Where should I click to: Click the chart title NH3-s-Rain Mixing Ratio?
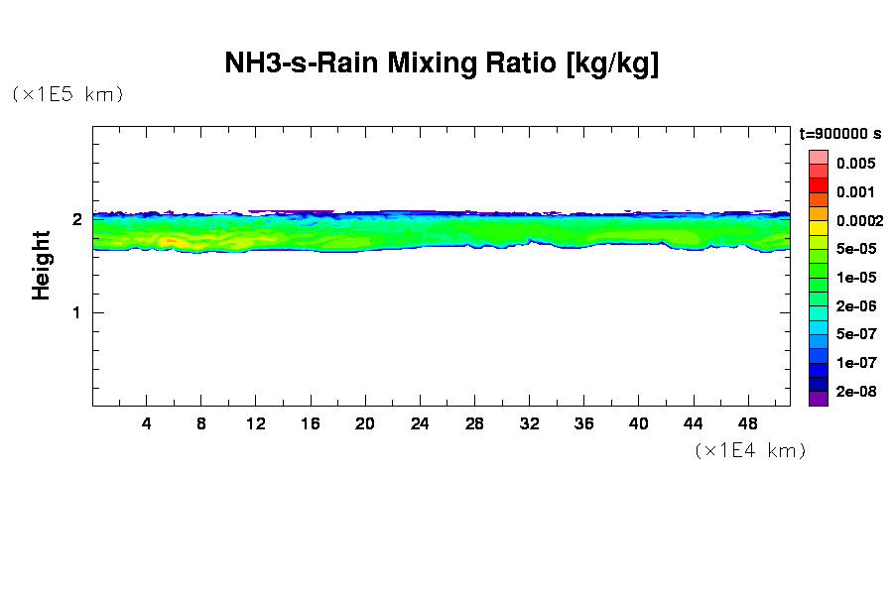coord(442,64)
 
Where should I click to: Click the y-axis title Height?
coord(42,265)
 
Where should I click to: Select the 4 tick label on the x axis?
coord(147,423)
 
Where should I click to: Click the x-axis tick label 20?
coord(365,423)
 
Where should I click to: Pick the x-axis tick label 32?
coord(529,423)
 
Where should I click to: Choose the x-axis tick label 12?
coord(256,423)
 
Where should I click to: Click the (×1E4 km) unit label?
coord(749,450)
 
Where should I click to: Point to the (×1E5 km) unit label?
coord(67,94)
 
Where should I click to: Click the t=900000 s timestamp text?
coord(839,133)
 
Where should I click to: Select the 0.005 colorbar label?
coord(854,164)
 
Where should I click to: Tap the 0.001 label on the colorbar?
coord(854,192)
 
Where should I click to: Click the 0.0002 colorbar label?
coord(857,221)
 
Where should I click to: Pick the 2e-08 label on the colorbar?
coord(854,392)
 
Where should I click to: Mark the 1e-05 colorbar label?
coord(854,278)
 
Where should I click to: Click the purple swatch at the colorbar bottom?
coord(818,399)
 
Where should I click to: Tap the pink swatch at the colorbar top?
coord(818,157)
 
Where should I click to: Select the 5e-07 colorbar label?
coord(854,334)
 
